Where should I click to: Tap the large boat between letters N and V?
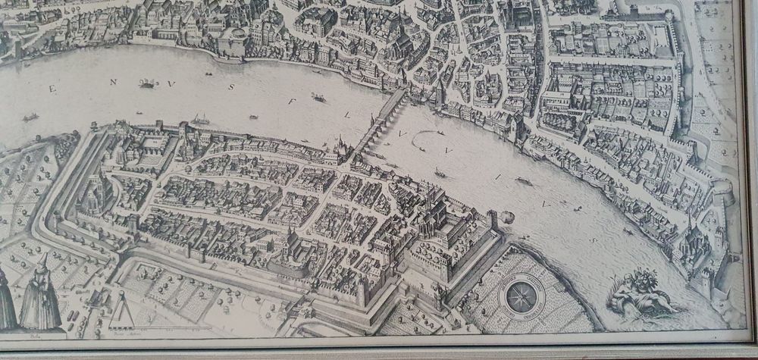(x=147, y=84)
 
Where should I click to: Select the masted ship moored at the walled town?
(x=202, y=120)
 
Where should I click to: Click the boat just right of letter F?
(x=318, y=98)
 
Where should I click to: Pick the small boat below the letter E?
(x=30, y=117)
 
